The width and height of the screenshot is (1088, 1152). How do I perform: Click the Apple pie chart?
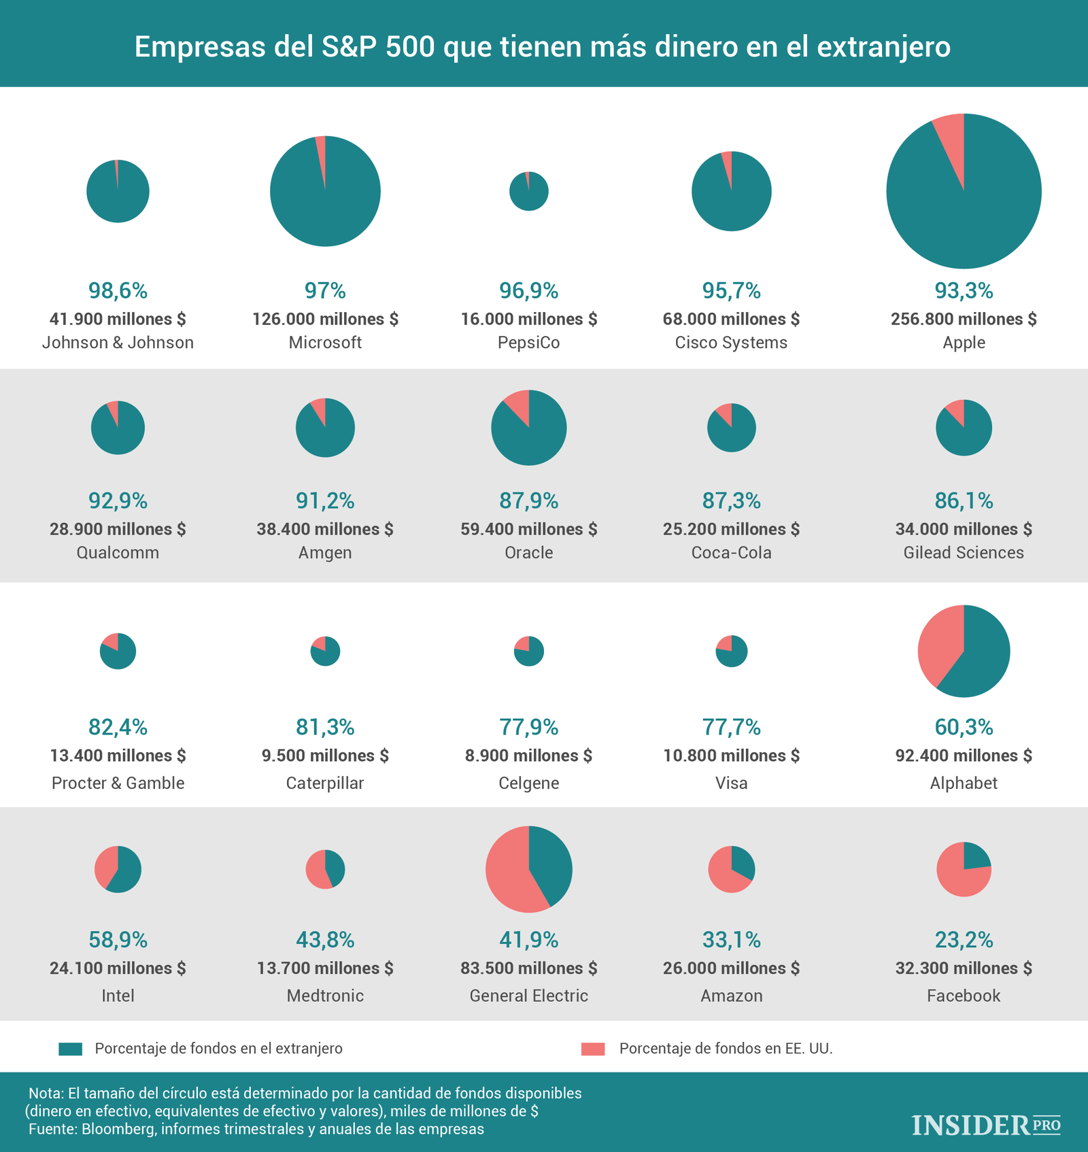pyautogui.click(x=964, y=191)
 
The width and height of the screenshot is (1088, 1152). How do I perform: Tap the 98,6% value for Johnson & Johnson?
pyautogui.click(x=118, y=291)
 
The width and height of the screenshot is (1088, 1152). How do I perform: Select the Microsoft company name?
pyautogui.click(x=325, y=343)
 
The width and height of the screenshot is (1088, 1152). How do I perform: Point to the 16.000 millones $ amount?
pyautogui.click(x=528, y=319)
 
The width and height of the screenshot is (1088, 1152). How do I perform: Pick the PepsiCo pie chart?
pyautogui.click(x=528, y=191)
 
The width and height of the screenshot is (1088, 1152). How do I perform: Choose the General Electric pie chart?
pyautogui.click(x=528, y=869)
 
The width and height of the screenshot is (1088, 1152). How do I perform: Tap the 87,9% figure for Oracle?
pyautogui.click(x=528, y=501)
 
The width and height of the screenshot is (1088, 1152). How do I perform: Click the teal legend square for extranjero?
pyautogui.click(x=71, y=1049)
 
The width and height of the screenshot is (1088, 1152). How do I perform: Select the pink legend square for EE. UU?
pyautogui.click(x=593, y=1049)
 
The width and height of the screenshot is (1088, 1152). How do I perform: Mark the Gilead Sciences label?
pyautogui.click(x=964, y=553)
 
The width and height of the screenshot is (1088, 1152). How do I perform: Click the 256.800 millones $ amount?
pyautogui.click(x=964, y=319)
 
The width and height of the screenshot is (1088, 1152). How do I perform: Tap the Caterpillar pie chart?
pyautogui.click(x=325, y=651)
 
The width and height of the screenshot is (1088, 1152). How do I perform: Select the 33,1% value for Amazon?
pyautogui.click(x=731, y=941)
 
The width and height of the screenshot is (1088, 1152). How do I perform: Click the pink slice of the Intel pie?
pyautogui.click(x=105, y=866)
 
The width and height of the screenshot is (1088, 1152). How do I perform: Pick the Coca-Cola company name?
pyautogui.click(x=731, y=553)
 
